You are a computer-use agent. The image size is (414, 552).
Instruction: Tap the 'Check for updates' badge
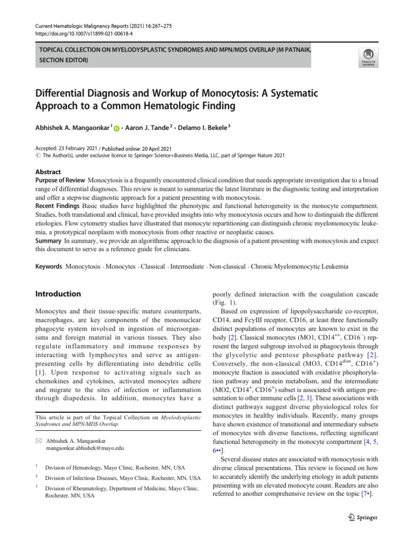pos(369,57)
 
